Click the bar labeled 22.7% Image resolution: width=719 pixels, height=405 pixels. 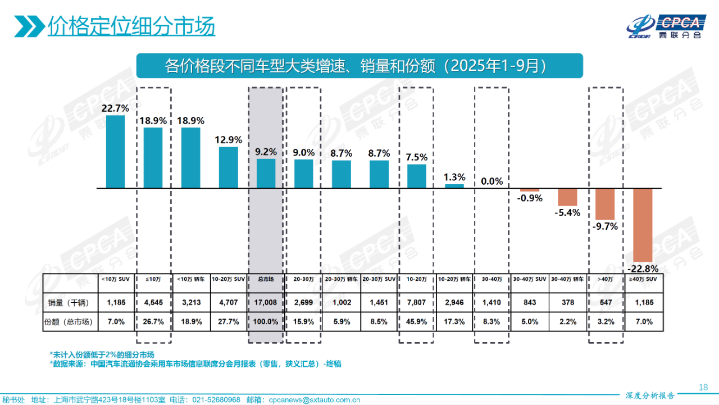tap(115, 151)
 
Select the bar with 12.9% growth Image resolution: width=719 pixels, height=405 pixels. tap(228, 167)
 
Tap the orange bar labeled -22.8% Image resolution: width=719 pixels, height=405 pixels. tap(643, 225)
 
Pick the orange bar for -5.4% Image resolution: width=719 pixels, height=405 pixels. tap(567, 197)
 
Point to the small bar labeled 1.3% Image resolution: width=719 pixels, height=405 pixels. tap(454, 185)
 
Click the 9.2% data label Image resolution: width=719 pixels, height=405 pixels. tap(266, 152)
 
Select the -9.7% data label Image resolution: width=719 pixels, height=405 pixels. tap(606, 226)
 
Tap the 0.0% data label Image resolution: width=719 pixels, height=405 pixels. tap(492, 181)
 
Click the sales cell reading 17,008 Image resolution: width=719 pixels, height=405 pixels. tap(266, 303)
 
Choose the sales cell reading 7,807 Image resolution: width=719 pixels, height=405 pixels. tap(416, 303)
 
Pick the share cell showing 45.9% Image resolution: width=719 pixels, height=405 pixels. tap(416, 322)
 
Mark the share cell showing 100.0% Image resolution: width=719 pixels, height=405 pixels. tap(266, 322)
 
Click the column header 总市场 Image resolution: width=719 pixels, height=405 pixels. tap(266, 279)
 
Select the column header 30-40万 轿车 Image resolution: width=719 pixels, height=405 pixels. tap(567, 279)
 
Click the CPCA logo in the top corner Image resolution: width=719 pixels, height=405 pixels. tap(666, 25)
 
